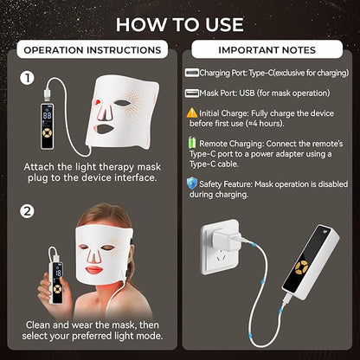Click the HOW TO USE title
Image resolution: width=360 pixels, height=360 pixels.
(x=180, y=25)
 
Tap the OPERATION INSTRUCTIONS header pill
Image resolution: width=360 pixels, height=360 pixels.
(x=93, y=49)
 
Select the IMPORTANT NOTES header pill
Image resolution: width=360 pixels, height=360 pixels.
(x=267, y=49)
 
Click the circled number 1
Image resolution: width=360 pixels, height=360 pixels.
(x=27, y=78)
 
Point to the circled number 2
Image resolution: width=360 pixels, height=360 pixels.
(x=27, y=211)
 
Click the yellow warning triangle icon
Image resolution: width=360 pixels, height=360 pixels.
(x=192, y=112)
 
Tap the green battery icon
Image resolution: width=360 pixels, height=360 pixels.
(x=191, y=143)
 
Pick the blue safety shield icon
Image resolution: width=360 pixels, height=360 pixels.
(x=192, y=183)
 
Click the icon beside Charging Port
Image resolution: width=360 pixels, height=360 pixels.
(x=192, y=73)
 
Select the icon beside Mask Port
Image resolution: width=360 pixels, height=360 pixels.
(x=192, y=93)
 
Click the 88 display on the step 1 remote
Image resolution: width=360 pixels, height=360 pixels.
(x=48, y=115)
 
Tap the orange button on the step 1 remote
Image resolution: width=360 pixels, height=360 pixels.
(x=47, y=133)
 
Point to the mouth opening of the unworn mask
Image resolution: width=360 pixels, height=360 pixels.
(x=105, y=129)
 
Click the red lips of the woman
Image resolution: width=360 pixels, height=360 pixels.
(x=94, y=270)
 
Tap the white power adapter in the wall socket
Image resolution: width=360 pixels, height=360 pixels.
(x=225, y=236)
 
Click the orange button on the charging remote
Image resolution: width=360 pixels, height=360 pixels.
(x=301, y=267)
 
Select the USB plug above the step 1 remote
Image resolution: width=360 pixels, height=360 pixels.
(x=48, y=93)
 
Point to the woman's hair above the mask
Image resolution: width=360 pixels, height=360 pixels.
(x=106, y=215)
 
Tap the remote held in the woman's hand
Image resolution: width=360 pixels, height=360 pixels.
(x=56, y=282)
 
